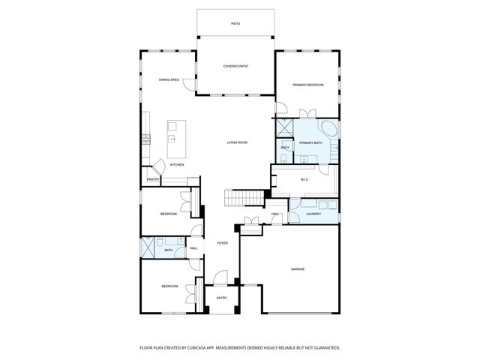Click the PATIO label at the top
235,24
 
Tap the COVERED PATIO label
235,66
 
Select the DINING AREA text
168,79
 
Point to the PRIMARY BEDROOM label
307,85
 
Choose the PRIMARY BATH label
310,142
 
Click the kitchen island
176,133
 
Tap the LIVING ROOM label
237,142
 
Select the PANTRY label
153,179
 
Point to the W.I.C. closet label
304,179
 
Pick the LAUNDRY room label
313,214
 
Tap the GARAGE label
297,268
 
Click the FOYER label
222,243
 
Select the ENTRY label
222,298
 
